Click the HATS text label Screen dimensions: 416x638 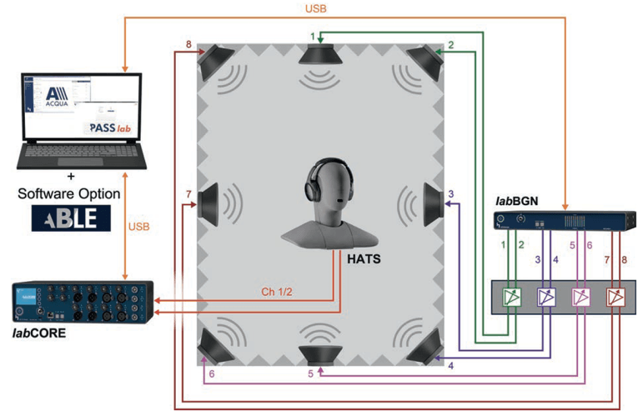[365, 260]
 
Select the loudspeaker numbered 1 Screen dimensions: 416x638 [319, 57]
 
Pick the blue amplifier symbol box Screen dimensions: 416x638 [546, 296]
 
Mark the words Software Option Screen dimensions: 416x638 [70, 193]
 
